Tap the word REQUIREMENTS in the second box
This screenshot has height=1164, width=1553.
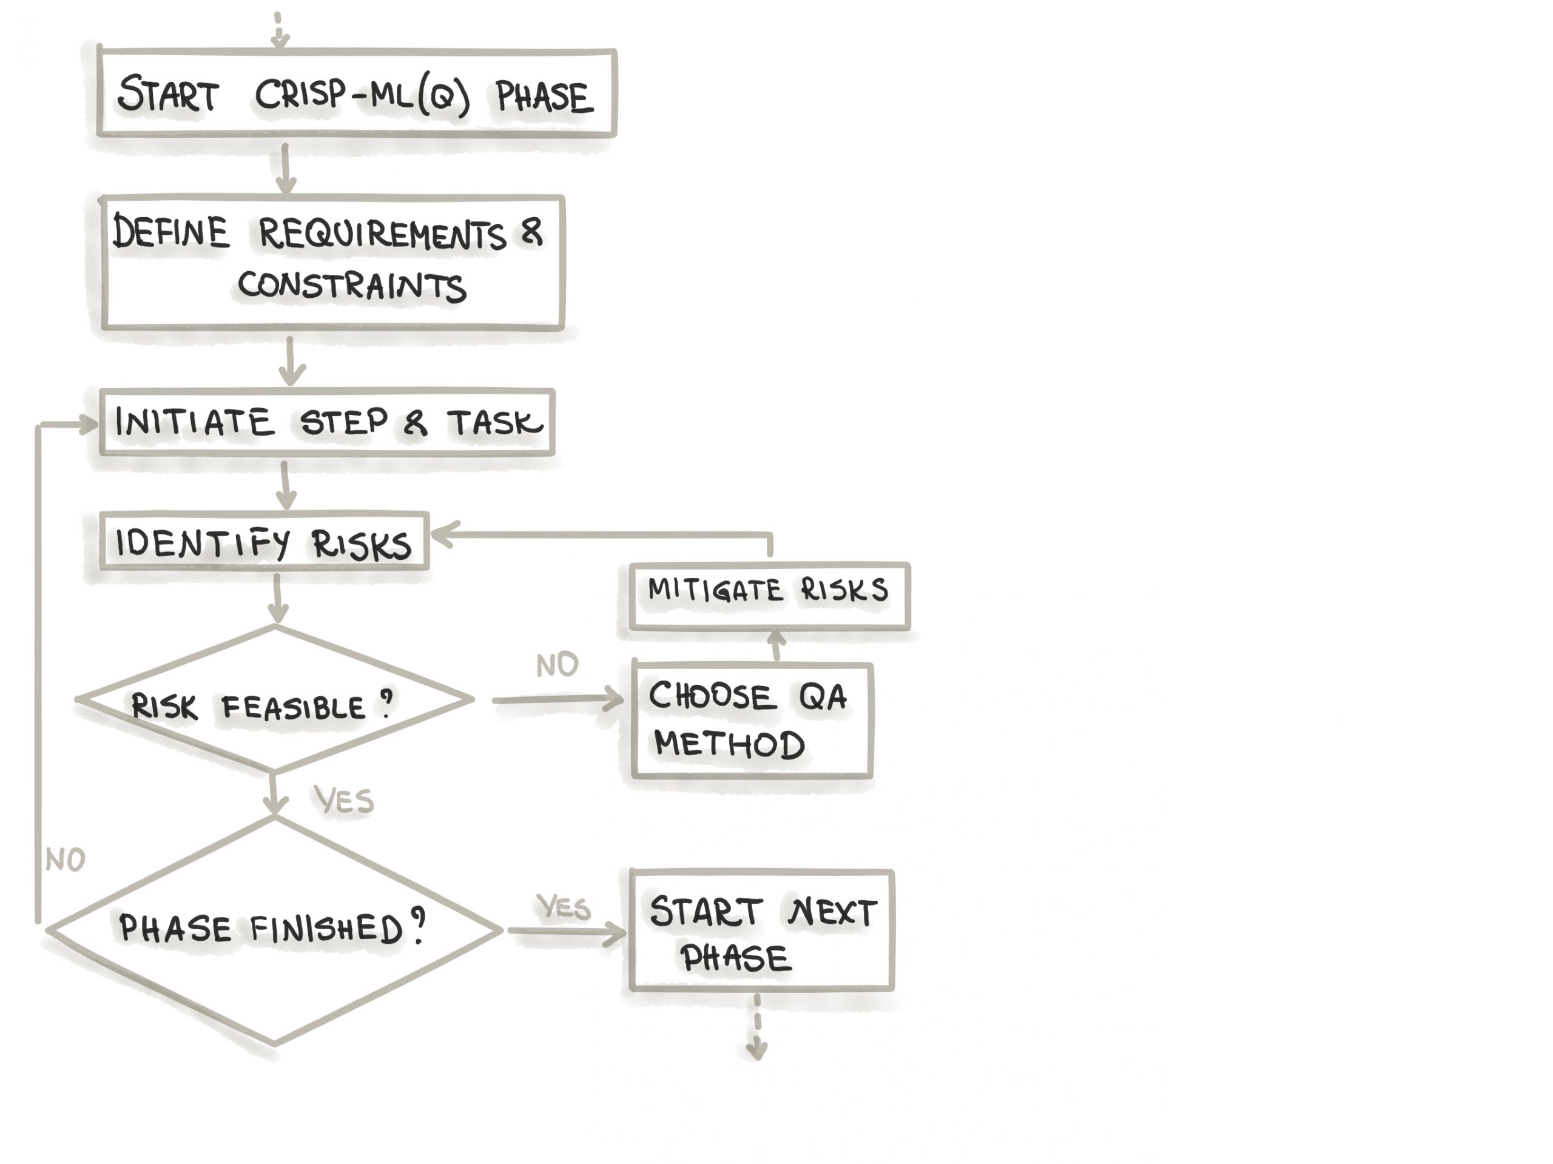(382, 234)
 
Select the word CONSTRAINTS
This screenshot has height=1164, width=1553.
(352, 286)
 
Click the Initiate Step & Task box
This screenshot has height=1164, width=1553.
(327, 422)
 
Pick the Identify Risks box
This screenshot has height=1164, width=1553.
(264, 540)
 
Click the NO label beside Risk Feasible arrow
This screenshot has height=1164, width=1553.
(558, 664)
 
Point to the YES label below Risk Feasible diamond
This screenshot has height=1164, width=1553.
(344, 799)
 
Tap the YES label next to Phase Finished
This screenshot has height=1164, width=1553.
(563, 906)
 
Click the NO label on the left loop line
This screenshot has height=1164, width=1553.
(66, 860)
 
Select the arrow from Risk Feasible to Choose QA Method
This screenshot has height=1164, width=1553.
(558, 699)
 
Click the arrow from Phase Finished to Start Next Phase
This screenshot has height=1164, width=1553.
(567, 932)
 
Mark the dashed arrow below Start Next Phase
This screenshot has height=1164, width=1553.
(757, 1026)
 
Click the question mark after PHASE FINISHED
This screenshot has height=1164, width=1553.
(419, 925)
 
